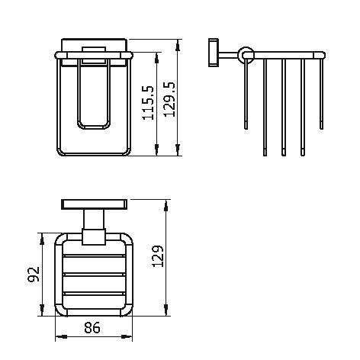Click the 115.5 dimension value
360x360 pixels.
pyautogui.click(x=148, y=103)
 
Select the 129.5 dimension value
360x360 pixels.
pyautogui.click(x=169, y=99)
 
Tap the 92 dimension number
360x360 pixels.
pyautogui.click(x=34, y=274)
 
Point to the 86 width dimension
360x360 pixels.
pyautogui.click(x=92, y=327)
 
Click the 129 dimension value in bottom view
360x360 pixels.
pyautogui.click(x=158, y=256)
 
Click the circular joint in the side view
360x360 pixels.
pyautogui.click(x=246, y=55)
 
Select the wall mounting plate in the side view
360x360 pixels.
pyautogui.click(x=214, y=53)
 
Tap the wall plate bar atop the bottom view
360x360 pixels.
pyautogui.click(x=95, y=204)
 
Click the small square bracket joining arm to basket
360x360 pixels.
pyautogui.click(x=94, y=236)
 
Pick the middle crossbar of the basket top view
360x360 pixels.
pyautogui.click(x=94, y=275)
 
